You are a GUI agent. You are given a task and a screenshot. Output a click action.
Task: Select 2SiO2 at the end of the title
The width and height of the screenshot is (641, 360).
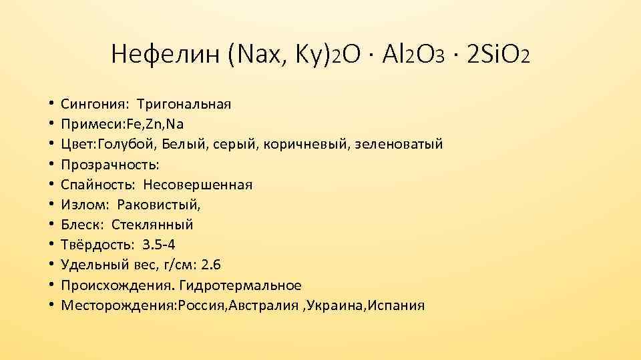[499, 54]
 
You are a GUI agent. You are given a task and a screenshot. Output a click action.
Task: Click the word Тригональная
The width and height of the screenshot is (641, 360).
[184, 105]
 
